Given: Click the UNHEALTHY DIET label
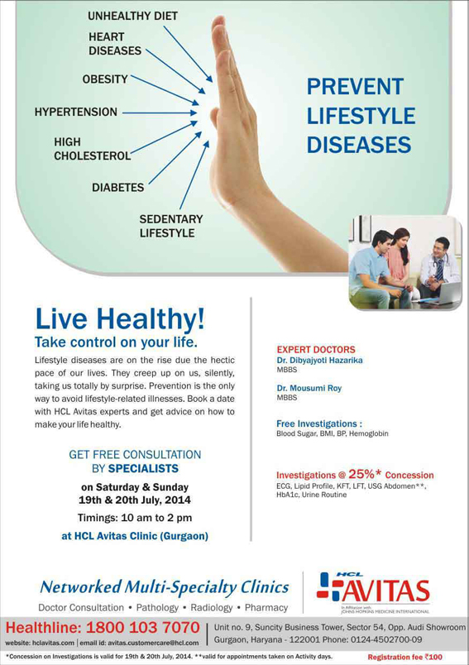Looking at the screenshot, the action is pos(132,16).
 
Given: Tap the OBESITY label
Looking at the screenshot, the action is pos(105,79).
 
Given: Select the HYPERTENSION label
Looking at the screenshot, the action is pos(76,112).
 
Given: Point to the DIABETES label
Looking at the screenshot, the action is pos(118,188).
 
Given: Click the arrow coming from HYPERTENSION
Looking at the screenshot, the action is pos(160,112).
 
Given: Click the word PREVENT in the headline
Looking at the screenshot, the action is pos(356,87).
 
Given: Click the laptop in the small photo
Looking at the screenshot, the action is pos(447,294).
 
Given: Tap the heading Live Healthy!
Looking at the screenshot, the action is pos(120,319).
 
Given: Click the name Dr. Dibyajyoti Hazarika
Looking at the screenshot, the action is pos(320,361).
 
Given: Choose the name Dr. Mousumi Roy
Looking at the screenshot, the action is pos(309,388).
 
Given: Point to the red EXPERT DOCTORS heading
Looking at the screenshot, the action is pos(316,350).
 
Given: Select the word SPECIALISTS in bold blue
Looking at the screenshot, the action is pos(143,469).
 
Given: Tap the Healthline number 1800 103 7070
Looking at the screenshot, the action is pos(142,627).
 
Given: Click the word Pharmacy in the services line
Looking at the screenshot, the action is pos(266,608).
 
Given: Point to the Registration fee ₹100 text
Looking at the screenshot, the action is pos(404,657).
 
